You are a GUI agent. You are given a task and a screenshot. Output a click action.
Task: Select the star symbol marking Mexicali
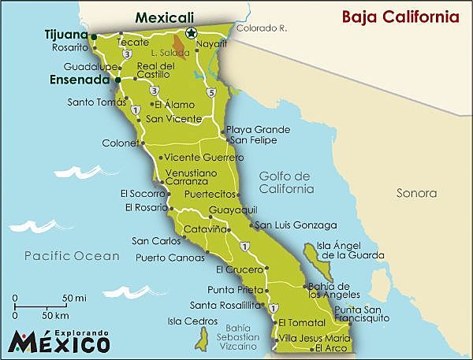pyautogui.click(x=190, y=33)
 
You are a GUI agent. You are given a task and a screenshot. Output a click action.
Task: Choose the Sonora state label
pyautogui.click(x=417, y=192)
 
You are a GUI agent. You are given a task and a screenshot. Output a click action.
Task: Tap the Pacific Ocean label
pyautogui.click(x=72, y=256)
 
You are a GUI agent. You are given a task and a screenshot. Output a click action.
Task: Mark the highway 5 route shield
pyautogui.click(x=210, y=93)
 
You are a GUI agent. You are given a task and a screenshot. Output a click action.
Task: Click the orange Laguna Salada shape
pyautogui.click(x=182, y=50)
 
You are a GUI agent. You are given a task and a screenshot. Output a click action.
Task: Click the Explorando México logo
pyautogui.click(x=59, y=340)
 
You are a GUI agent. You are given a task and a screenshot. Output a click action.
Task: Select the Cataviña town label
pyautogui.click(x=205, y=229)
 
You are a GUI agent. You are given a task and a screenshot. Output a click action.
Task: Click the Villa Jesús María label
pyautogui.click(x=314, y=337)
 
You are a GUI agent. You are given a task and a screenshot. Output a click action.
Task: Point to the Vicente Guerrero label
pyautogui.click(x=203, y=158)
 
